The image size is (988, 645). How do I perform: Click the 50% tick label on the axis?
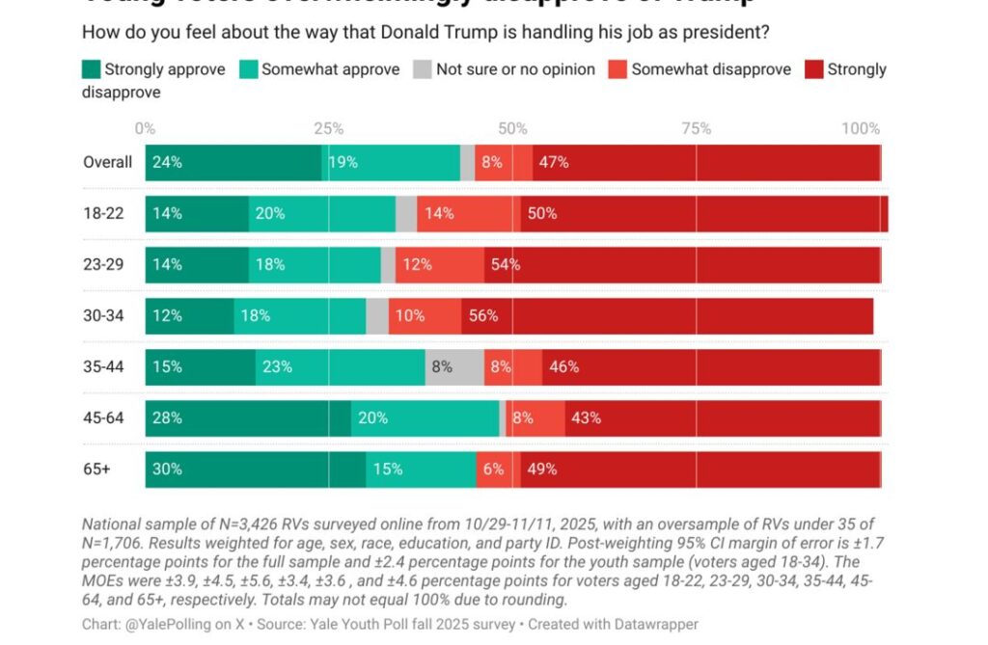(x=512, y=128)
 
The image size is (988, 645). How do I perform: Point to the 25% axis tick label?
(x=328, y=128)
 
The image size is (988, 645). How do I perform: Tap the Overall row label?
(x=107, y=162)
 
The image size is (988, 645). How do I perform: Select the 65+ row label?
(x=98, y=470)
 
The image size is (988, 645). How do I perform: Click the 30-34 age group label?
(x=103, y=315)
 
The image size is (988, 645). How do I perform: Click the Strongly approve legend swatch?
(x=91, y=69)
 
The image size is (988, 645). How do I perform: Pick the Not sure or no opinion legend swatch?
(x=422, y=69)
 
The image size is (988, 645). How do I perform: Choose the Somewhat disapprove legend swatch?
(x=617, y=69)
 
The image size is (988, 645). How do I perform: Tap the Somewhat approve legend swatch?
(x=248, y=69)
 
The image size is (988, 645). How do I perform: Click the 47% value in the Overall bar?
(x=554, y=162)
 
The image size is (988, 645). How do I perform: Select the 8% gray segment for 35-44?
(x=454, y=367)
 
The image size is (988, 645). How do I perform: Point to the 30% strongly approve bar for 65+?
(x=256, y=470)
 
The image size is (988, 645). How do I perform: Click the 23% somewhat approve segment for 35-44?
(x=340, y=367)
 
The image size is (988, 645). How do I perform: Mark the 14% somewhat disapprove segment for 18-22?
(x=469, y=213)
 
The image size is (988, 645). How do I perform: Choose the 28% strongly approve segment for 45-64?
(x=248, y=418)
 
